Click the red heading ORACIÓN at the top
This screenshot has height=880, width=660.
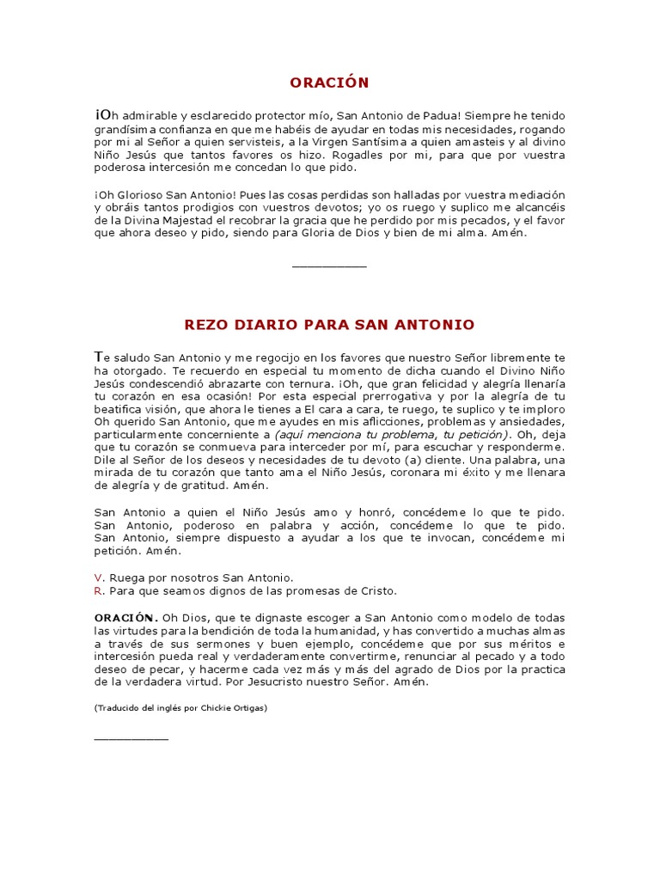(x=329, y=82)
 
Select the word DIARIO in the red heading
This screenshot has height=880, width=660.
(x=258, y=325)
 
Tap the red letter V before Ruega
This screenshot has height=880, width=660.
(x=98, y=577)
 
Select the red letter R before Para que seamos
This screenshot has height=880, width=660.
(x=98, y=590)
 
